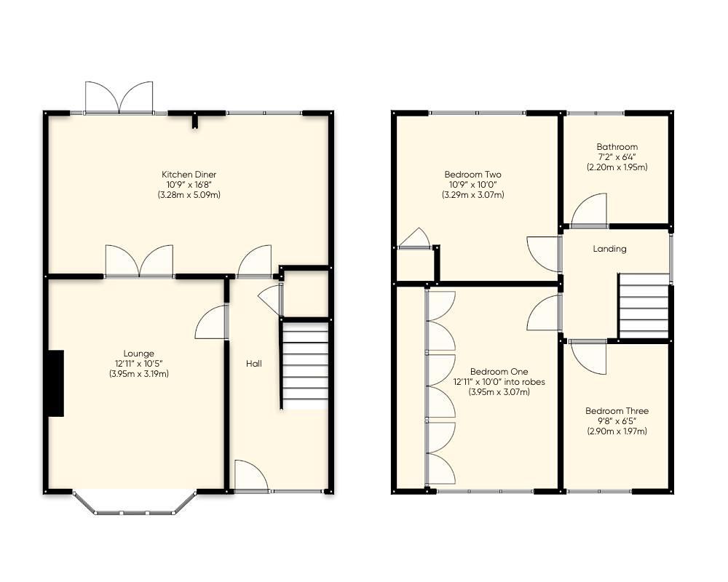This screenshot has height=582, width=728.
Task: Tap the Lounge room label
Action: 138,354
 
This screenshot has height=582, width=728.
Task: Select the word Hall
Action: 253,364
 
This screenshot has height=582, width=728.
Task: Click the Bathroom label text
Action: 617,147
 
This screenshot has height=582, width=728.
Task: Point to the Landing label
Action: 609,249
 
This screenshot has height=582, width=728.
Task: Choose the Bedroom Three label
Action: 617,411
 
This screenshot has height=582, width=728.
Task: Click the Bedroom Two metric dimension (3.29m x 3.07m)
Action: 472,195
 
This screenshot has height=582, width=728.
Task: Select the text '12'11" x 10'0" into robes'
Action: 499,382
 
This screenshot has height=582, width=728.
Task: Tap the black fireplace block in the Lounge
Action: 55,383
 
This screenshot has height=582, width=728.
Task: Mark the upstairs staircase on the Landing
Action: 644,306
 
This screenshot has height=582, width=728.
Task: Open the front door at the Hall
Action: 250,477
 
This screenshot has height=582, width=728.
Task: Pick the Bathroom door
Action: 589,211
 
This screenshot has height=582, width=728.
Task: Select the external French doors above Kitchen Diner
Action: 119,98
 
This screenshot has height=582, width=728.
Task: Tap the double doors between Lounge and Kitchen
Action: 139,262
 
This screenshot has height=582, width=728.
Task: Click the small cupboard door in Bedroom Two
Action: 414,239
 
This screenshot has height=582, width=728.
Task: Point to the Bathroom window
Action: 595,113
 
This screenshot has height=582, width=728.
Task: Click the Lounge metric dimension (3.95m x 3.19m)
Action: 138,374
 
